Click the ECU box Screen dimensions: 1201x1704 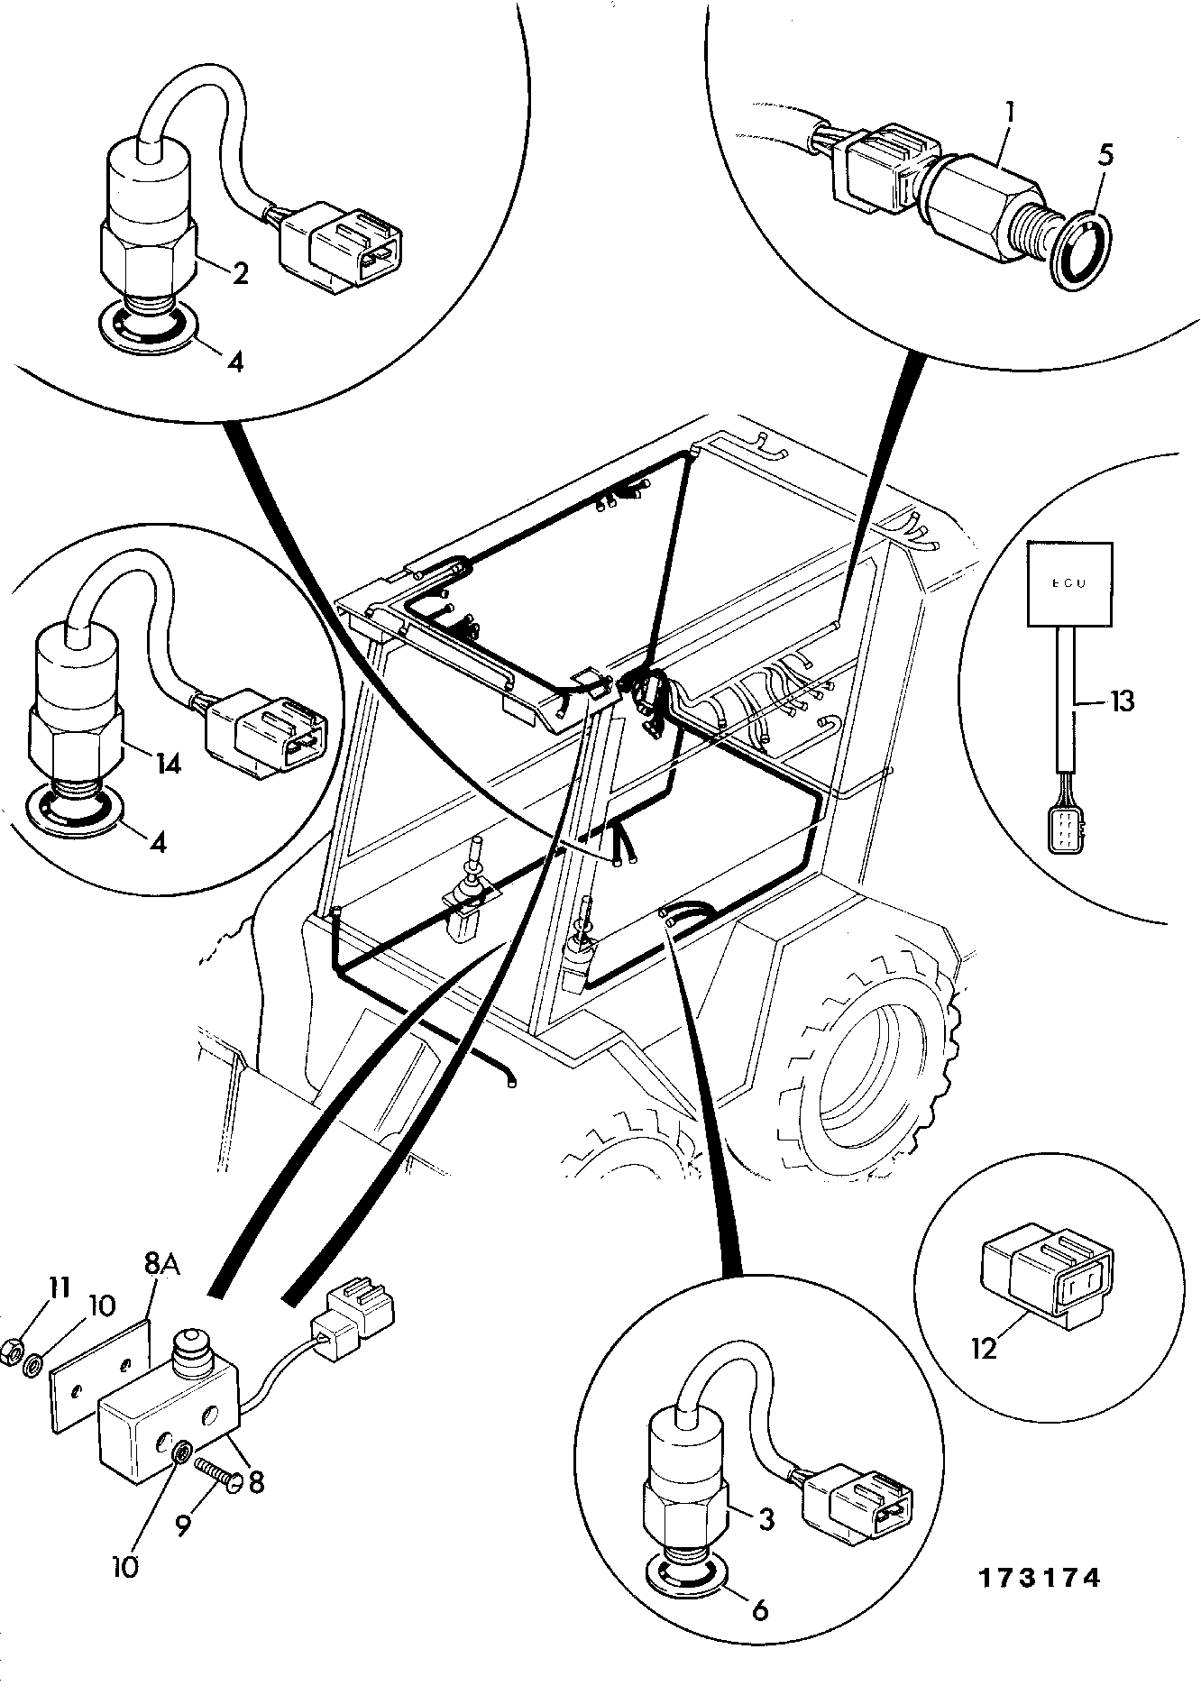(1071, 583)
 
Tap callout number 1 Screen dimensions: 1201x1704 (1011, 113)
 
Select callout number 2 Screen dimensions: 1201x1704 (240, 273)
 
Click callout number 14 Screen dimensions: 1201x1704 (168, 765)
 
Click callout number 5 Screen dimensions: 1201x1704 (1105, 155)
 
